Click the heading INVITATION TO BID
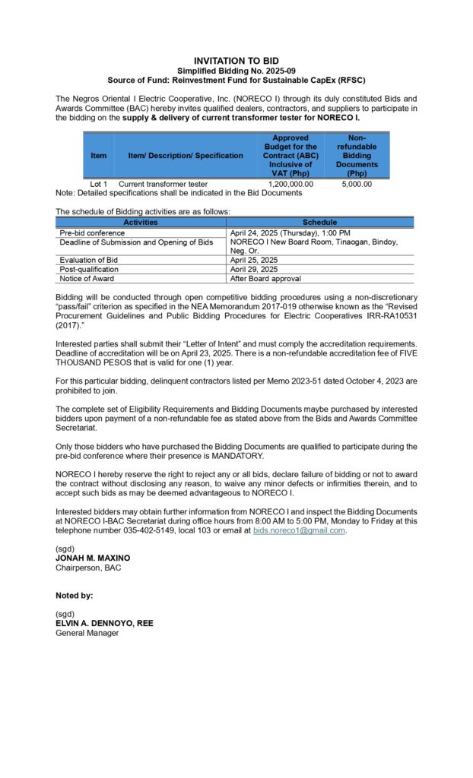[236, 60]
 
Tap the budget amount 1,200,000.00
[290, 184]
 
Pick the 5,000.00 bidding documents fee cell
[357, 184]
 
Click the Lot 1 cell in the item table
[99, 184]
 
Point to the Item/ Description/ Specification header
[186, 156]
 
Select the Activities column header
[141, 223]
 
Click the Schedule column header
[319, 223]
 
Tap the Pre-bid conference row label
[92, 232]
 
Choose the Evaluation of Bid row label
[89, 260]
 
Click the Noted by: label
[75, 596]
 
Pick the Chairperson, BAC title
[88, 568]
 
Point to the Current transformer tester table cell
[163, 184]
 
